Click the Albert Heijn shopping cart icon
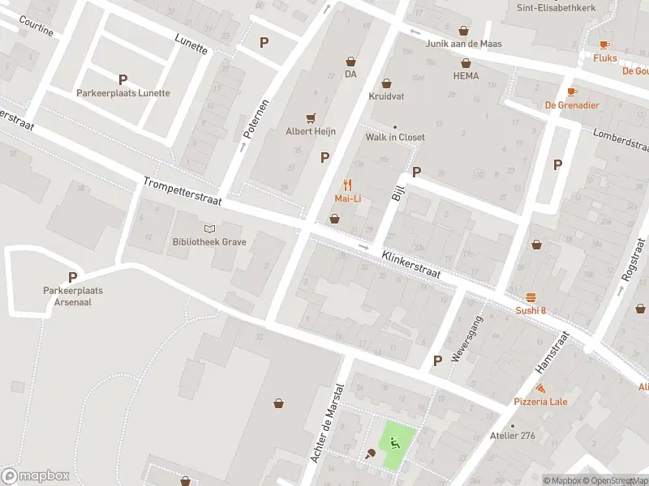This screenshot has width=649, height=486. coord(311,118)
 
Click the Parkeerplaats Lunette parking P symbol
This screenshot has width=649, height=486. coord(123,79)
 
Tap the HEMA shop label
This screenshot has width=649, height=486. coord(466,76)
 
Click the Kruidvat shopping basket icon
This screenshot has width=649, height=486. coord(386,83)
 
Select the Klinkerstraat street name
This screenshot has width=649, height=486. coord(411,264)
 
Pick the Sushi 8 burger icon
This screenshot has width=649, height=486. coord(531,296)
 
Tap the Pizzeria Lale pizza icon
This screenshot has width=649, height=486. coord(540,388)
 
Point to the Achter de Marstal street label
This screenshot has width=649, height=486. coord(328,423)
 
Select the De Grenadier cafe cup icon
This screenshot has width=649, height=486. coord(572,92)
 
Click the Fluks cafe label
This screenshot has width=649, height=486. coord(604,58)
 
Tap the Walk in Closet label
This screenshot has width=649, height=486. coord(395,138)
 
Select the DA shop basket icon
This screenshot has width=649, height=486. coord(351,61)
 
